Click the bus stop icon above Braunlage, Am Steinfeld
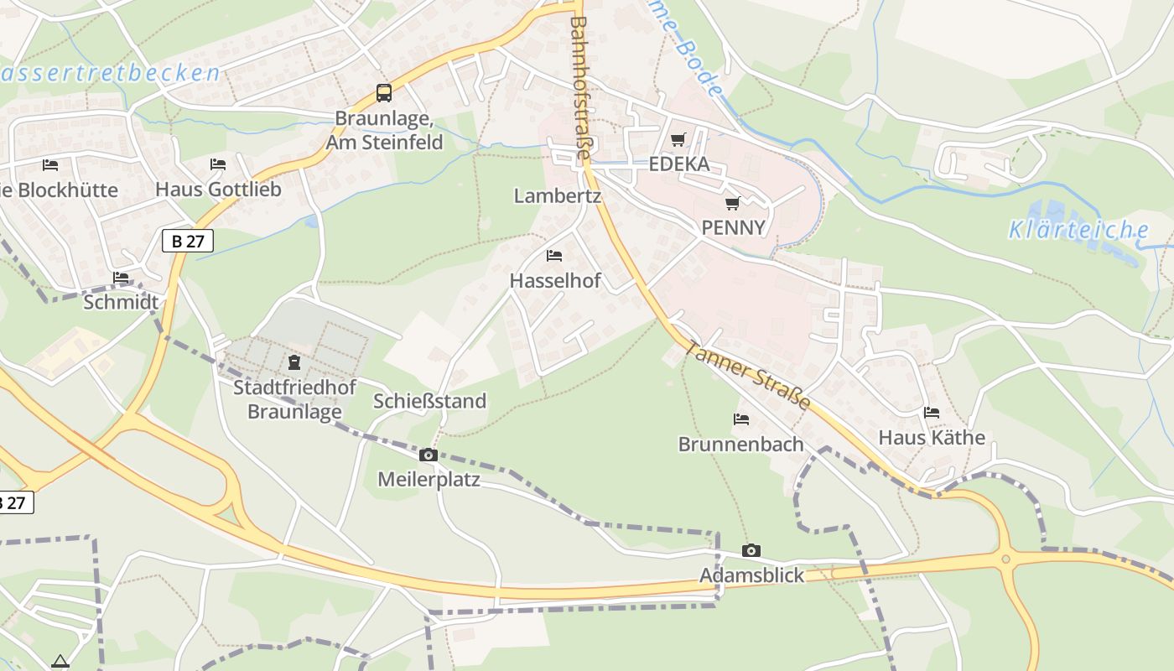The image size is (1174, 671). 383,93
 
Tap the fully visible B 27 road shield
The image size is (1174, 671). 188,242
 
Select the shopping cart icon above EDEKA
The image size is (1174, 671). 678,140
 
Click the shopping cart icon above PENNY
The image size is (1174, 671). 733,203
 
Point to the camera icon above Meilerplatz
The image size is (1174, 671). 429,455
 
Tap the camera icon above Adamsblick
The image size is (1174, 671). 751,551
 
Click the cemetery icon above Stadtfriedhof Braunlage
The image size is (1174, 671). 293,362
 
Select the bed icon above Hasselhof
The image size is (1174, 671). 554,256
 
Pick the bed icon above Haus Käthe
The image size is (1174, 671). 932,413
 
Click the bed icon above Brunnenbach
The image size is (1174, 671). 741,419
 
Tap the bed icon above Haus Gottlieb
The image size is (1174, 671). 218,164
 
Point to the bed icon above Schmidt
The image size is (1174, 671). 121,278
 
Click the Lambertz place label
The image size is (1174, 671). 558,196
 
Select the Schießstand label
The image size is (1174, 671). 429,401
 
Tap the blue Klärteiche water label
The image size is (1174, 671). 1078,229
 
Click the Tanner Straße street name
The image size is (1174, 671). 748,374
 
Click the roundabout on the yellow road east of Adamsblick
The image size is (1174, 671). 1006,558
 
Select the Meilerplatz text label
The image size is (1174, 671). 429,480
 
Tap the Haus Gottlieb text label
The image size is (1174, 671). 218,190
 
